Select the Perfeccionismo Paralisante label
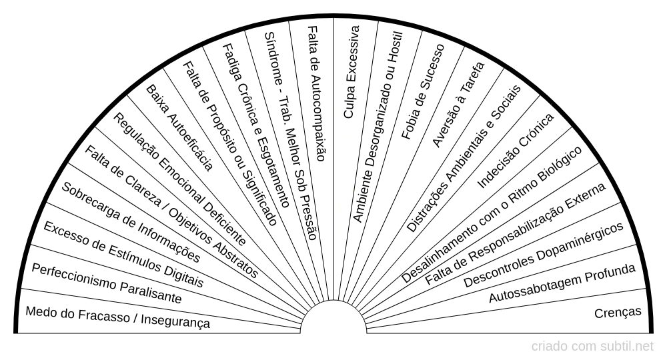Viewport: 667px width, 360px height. pyautogui.click(x=107, y=283)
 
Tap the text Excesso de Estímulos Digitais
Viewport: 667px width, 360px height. pyautogui.click(x=123, y=254)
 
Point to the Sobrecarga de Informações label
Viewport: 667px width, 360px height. pyautogui.click(x=131, y=222)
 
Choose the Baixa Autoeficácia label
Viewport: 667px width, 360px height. pyautogui.click(x=179, y=128)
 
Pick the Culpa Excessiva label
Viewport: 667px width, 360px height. pyautogui.click(x=352, y=72)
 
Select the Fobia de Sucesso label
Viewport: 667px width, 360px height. pyautogui.click(x=423, y=91)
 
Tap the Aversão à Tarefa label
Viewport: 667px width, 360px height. pyautogui.click(x=458, y=105)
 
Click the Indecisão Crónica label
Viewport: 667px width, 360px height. pyautogui.click(x=516, y=151)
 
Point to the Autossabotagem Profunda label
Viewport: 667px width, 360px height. pyautogui.click(x=562, y=283)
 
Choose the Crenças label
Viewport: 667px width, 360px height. pyautogui.click(x=618, y=313)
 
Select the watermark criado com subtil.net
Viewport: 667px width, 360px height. pyautogui.click(x=592, y=347)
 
